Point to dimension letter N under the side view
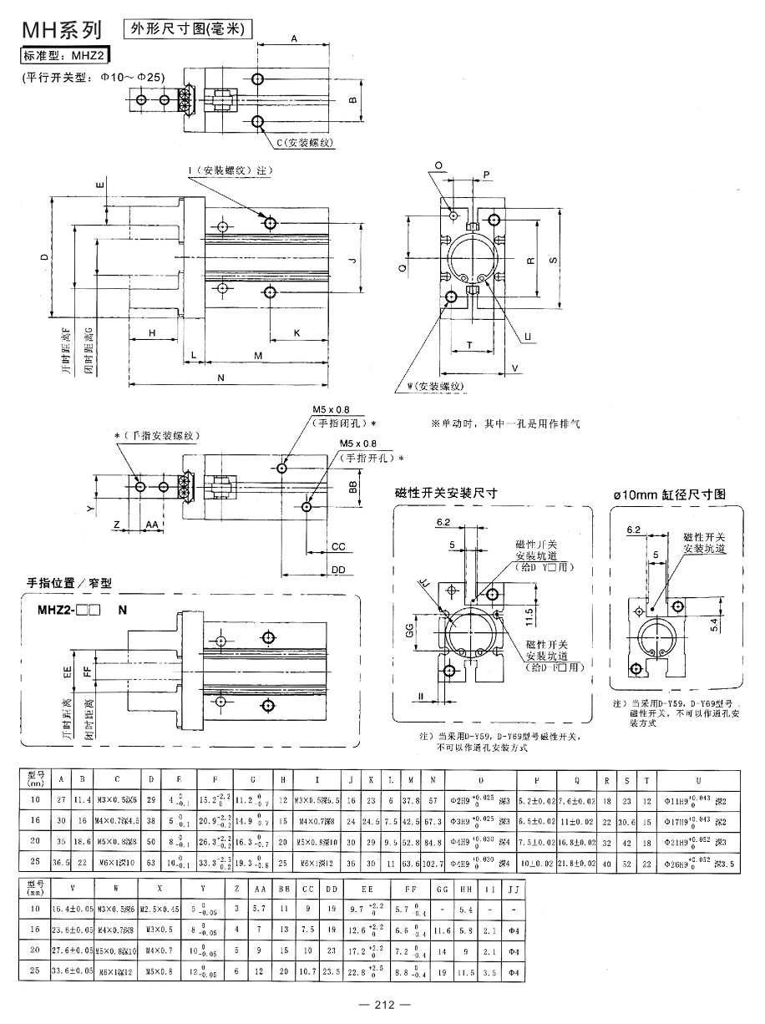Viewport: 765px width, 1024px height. [x=220, y=378]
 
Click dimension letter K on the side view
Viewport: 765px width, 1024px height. [x=297, y=332]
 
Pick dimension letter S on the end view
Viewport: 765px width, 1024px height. [x=553, y=260]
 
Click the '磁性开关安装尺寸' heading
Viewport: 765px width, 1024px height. [x=446, y=493]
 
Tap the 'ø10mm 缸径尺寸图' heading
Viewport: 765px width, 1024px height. [x=669, y=494]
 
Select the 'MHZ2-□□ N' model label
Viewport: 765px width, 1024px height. [x=82, y=609]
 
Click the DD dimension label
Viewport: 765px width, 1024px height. [x=337, y=569]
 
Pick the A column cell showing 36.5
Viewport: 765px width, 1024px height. [x=62, y=860]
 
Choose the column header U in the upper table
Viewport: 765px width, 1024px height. [x=697, y=779]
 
